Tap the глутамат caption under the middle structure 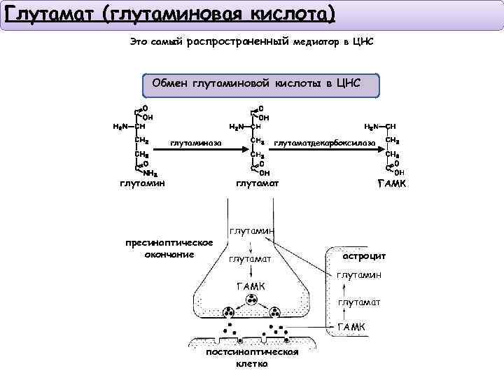pos(257,183)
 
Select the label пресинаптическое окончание pos(169,248)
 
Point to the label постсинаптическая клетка pos(252,357)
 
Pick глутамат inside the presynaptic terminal pos(250,260)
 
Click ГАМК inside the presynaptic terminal pos(251,287)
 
